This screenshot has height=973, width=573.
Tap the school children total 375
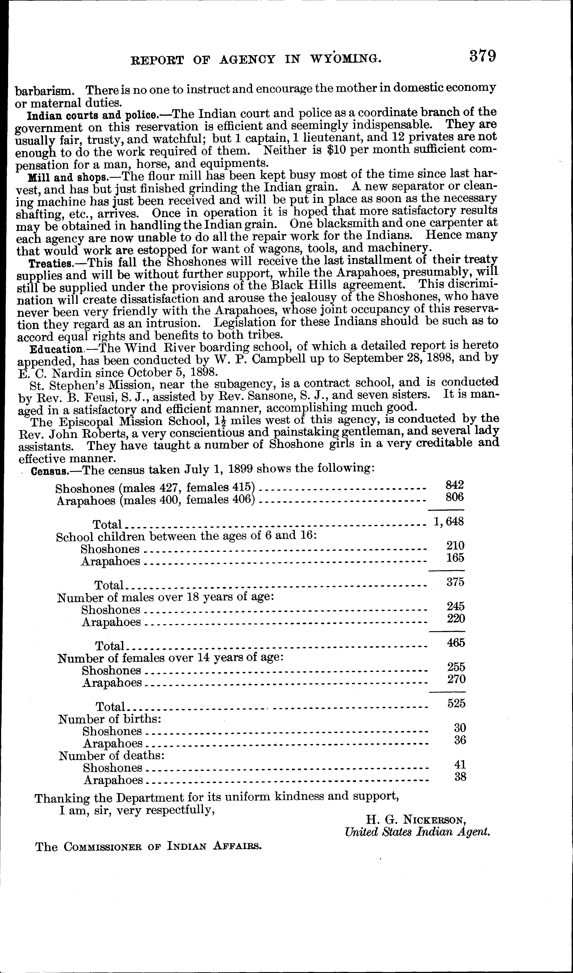(x=455, y=581)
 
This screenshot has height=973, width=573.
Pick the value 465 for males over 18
(x=456, y=643)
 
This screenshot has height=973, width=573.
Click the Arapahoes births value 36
(x=460, y=740)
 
